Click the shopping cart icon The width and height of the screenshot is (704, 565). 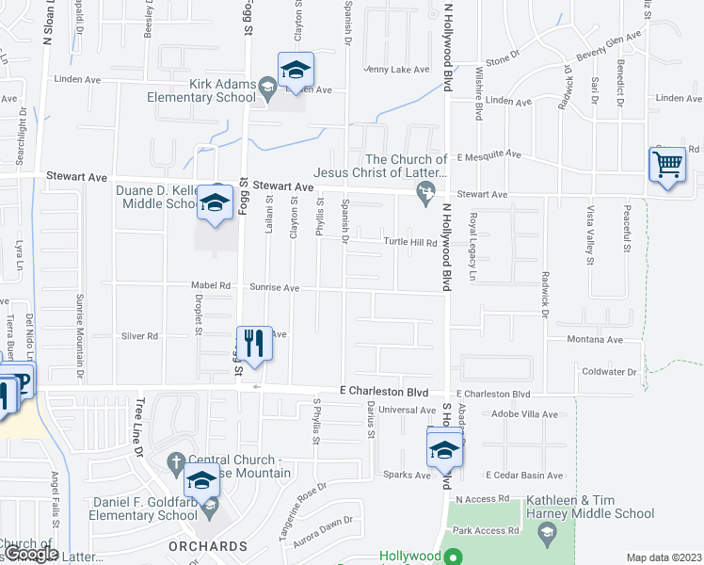tap(667, 165)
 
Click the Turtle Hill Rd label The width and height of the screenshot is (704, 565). tap(411, 242)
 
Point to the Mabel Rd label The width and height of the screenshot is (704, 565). tap(213, 285)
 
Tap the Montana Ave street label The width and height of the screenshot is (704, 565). tap(595, 339)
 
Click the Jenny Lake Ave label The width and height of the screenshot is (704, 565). tap(396, 70)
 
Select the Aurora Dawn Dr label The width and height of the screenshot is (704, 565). tap(323, 530)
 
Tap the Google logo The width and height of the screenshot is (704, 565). tap(30, 554)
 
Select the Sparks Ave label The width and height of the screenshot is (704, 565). tap(406, 475)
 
